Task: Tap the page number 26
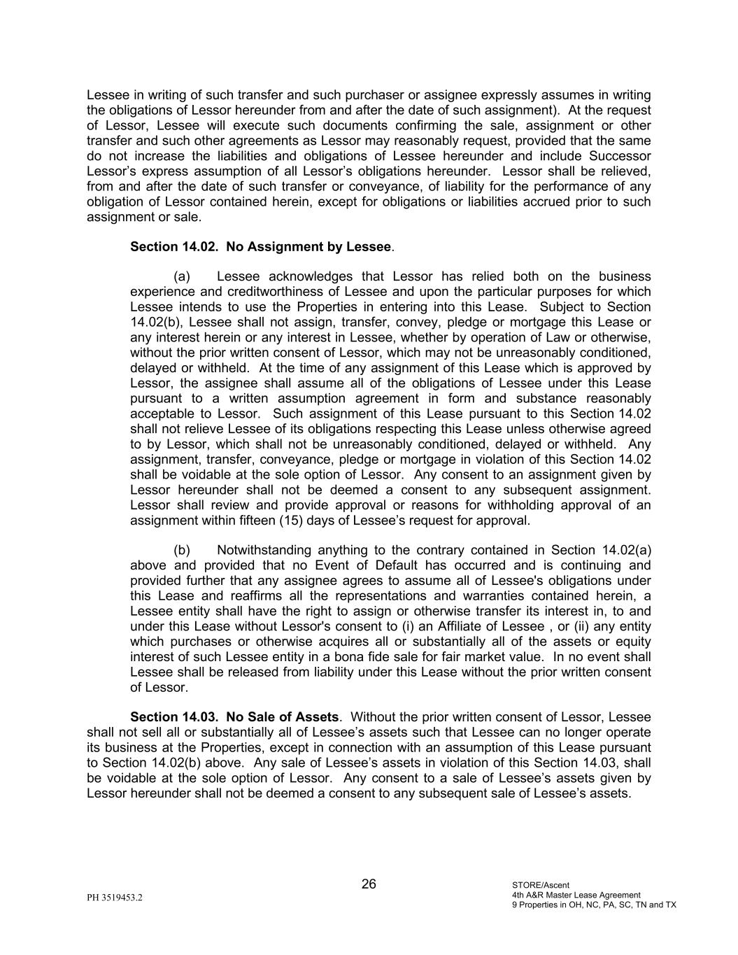(x=369, y=884)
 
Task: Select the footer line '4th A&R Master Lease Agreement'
(x=576, y=895)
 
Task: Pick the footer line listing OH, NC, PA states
(x=594, y=905)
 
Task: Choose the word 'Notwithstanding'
(x=264, y=550)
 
